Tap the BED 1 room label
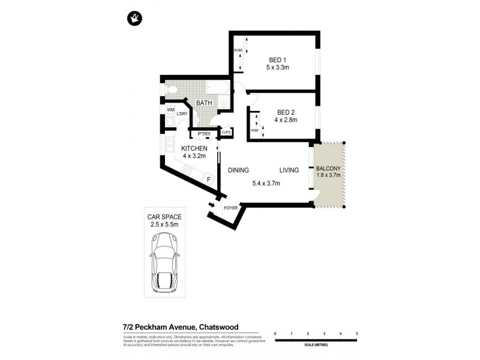[277, 59]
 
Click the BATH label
[203, 103]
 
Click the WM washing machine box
[170, 110]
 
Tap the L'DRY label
[182, 113]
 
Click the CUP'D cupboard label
[226, 132]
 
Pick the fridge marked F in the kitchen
[208, 179]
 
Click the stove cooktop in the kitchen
[187, 170]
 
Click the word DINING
[238, 170]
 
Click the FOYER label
[230, 209]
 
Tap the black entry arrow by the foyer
[211, 206]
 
